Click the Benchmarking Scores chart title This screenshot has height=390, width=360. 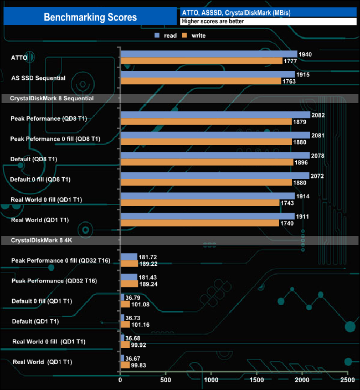click(x=90, y=17)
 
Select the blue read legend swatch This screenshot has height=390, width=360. click(x=158, y=35)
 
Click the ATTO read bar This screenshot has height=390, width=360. click(x=208, y=54)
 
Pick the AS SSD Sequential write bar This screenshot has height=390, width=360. click(x=200, y=81)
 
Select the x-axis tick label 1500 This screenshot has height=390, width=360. click(x=256, y=381)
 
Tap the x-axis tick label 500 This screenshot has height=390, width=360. click(x=166, y=381)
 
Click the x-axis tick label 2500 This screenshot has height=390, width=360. click(x=347, y=381)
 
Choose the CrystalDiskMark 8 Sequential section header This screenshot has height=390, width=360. click(x=55, y=98)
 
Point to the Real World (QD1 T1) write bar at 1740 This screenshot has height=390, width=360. click(x=199, y=223)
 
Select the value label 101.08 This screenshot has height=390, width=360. click(x=139, y=304)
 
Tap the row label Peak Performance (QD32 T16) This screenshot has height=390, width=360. click(x=53, y=281)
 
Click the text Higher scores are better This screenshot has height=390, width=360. click(x=213, y=22)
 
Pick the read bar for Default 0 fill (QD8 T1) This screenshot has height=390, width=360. click(x=214, y=176)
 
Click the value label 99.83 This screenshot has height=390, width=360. click(x=141, y=365)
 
